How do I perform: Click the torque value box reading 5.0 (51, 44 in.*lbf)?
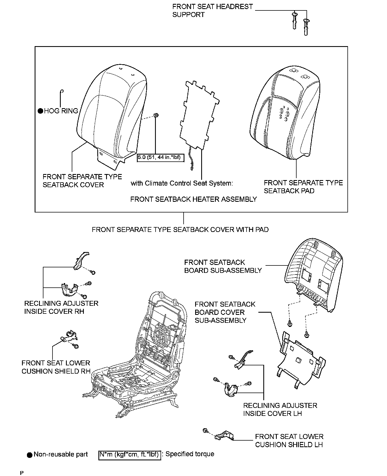[x=160, y=158]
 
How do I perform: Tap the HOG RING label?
[x=61, y=111]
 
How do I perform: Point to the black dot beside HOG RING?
[x=40, y=111]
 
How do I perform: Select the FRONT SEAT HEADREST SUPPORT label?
[x=212, y=10]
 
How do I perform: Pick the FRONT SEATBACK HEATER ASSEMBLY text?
[x=193, y=199]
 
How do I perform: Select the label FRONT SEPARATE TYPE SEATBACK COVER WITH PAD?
[x=180, y=229]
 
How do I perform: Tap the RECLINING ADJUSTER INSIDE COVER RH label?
[x=61, y=307]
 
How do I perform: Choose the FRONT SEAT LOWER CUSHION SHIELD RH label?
[x=56, y=367]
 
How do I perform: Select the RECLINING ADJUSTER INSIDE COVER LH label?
[x=280, y=409]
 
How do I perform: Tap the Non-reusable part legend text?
[x=60, y=454]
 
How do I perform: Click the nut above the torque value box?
[x=156, y=115]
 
